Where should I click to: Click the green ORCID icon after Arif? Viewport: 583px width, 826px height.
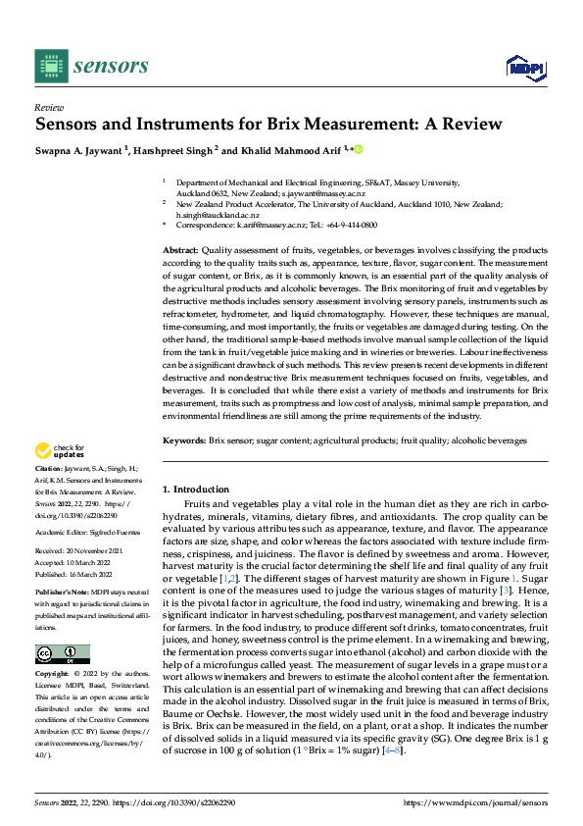(358, 149)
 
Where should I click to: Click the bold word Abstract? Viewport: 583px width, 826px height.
(181, 251)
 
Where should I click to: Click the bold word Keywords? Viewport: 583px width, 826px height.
(184, 441)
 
